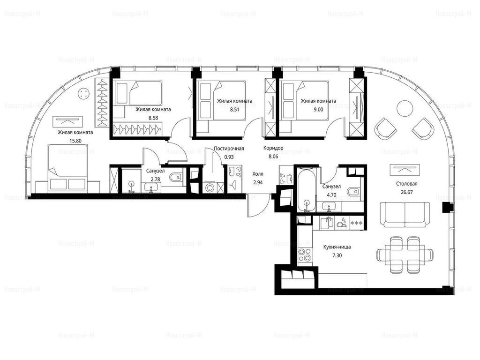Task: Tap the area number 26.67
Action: (406, 192)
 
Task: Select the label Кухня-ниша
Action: (337, 247)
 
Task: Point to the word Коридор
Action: (273, 148)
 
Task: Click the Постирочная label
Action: (229, 149)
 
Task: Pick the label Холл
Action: (258, 174)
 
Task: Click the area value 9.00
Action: (318, 109)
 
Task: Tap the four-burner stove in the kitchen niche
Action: (305, 255)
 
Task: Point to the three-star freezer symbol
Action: (357, 223)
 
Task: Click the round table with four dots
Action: (83, 93)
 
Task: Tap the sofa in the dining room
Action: (405, 214)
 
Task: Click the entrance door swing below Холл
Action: (259, 206)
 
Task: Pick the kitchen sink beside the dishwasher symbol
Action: (327, 222)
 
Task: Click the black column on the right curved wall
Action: (448, 208)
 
